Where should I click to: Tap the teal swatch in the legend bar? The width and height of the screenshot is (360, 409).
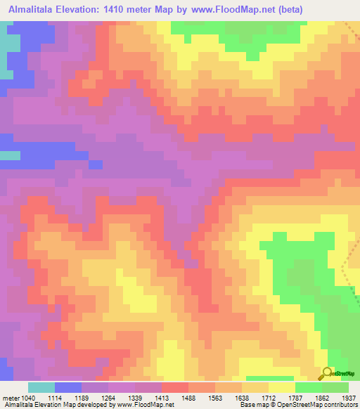41,387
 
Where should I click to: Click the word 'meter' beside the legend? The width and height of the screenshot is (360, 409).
11,398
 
